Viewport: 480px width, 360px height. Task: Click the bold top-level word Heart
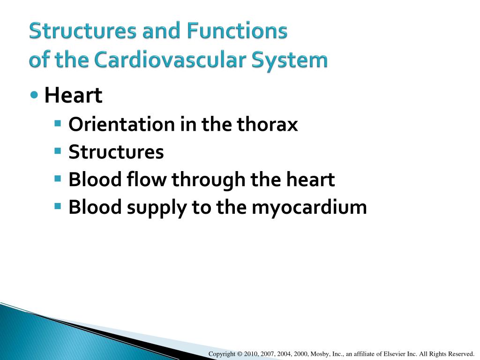click(x=73, y=96)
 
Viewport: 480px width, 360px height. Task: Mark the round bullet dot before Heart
click(x=34, y=95)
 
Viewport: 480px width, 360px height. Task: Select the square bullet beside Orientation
click(x=58, y=124)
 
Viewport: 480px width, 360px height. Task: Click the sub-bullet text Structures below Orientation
click(x=116, y=152)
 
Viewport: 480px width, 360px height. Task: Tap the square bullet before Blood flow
click(x=58, y=179)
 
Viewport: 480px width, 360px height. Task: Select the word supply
click(x=156, y=208)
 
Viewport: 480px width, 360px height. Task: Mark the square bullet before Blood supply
click(x=58, y=207)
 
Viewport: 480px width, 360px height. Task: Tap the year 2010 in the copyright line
click(x=251, y=354)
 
